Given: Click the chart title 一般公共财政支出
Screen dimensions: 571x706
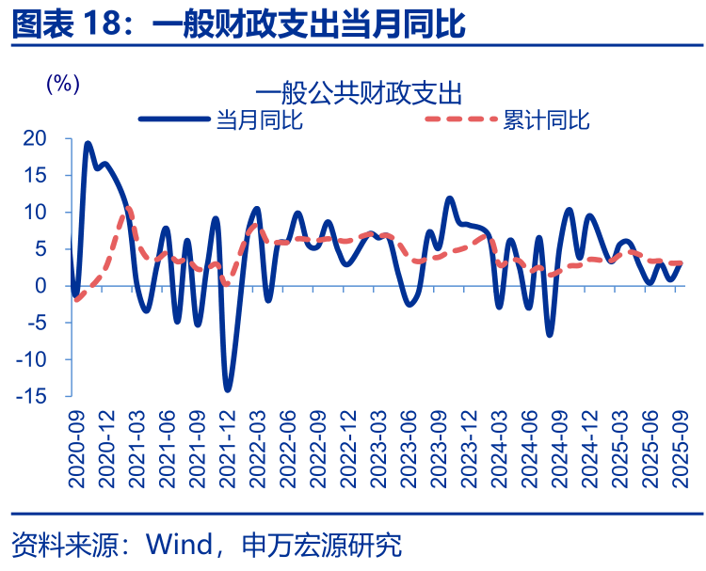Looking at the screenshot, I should click(358, 93).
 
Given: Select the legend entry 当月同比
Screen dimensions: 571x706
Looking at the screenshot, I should click(259, 120).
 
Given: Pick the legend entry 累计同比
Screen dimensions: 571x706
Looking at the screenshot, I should click(546, 120).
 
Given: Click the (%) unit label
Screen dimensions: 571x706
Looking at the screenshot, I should click(62, 83).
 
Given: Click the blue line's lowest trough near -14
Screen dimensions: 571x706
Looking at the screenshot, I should click(228, 389).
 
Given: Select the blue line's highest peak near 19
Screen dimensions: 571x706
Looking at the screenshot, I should click(88, 144).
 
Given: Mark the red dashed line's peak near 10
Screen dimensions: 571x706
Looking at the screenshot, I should click(128, 208).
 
